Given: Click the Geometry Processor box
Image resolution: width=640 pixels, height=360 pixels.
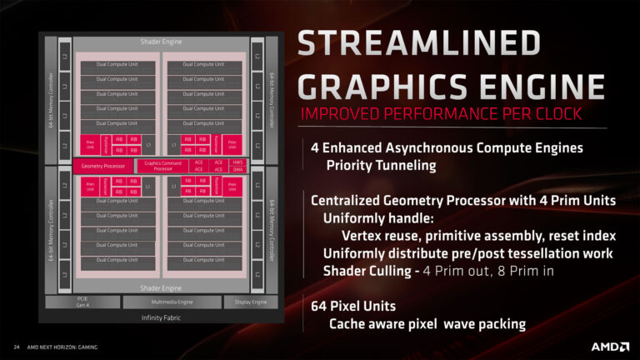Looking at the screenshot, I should click(x=102, y=166).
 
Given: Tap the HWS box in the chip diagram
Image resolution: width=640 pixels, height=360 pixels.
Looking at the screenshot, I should click(x=238, y=162).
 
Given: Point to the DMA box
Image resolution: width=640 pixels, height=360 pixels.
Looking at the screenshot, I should click(x=238, y=169).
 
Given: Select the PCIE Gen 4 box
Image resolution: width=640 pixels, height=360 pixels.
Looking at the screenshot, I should click(x=82, y=302).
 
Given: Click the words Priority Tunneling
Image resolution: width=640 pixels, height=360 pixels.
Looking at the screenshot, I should click(x=381, y=165).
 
